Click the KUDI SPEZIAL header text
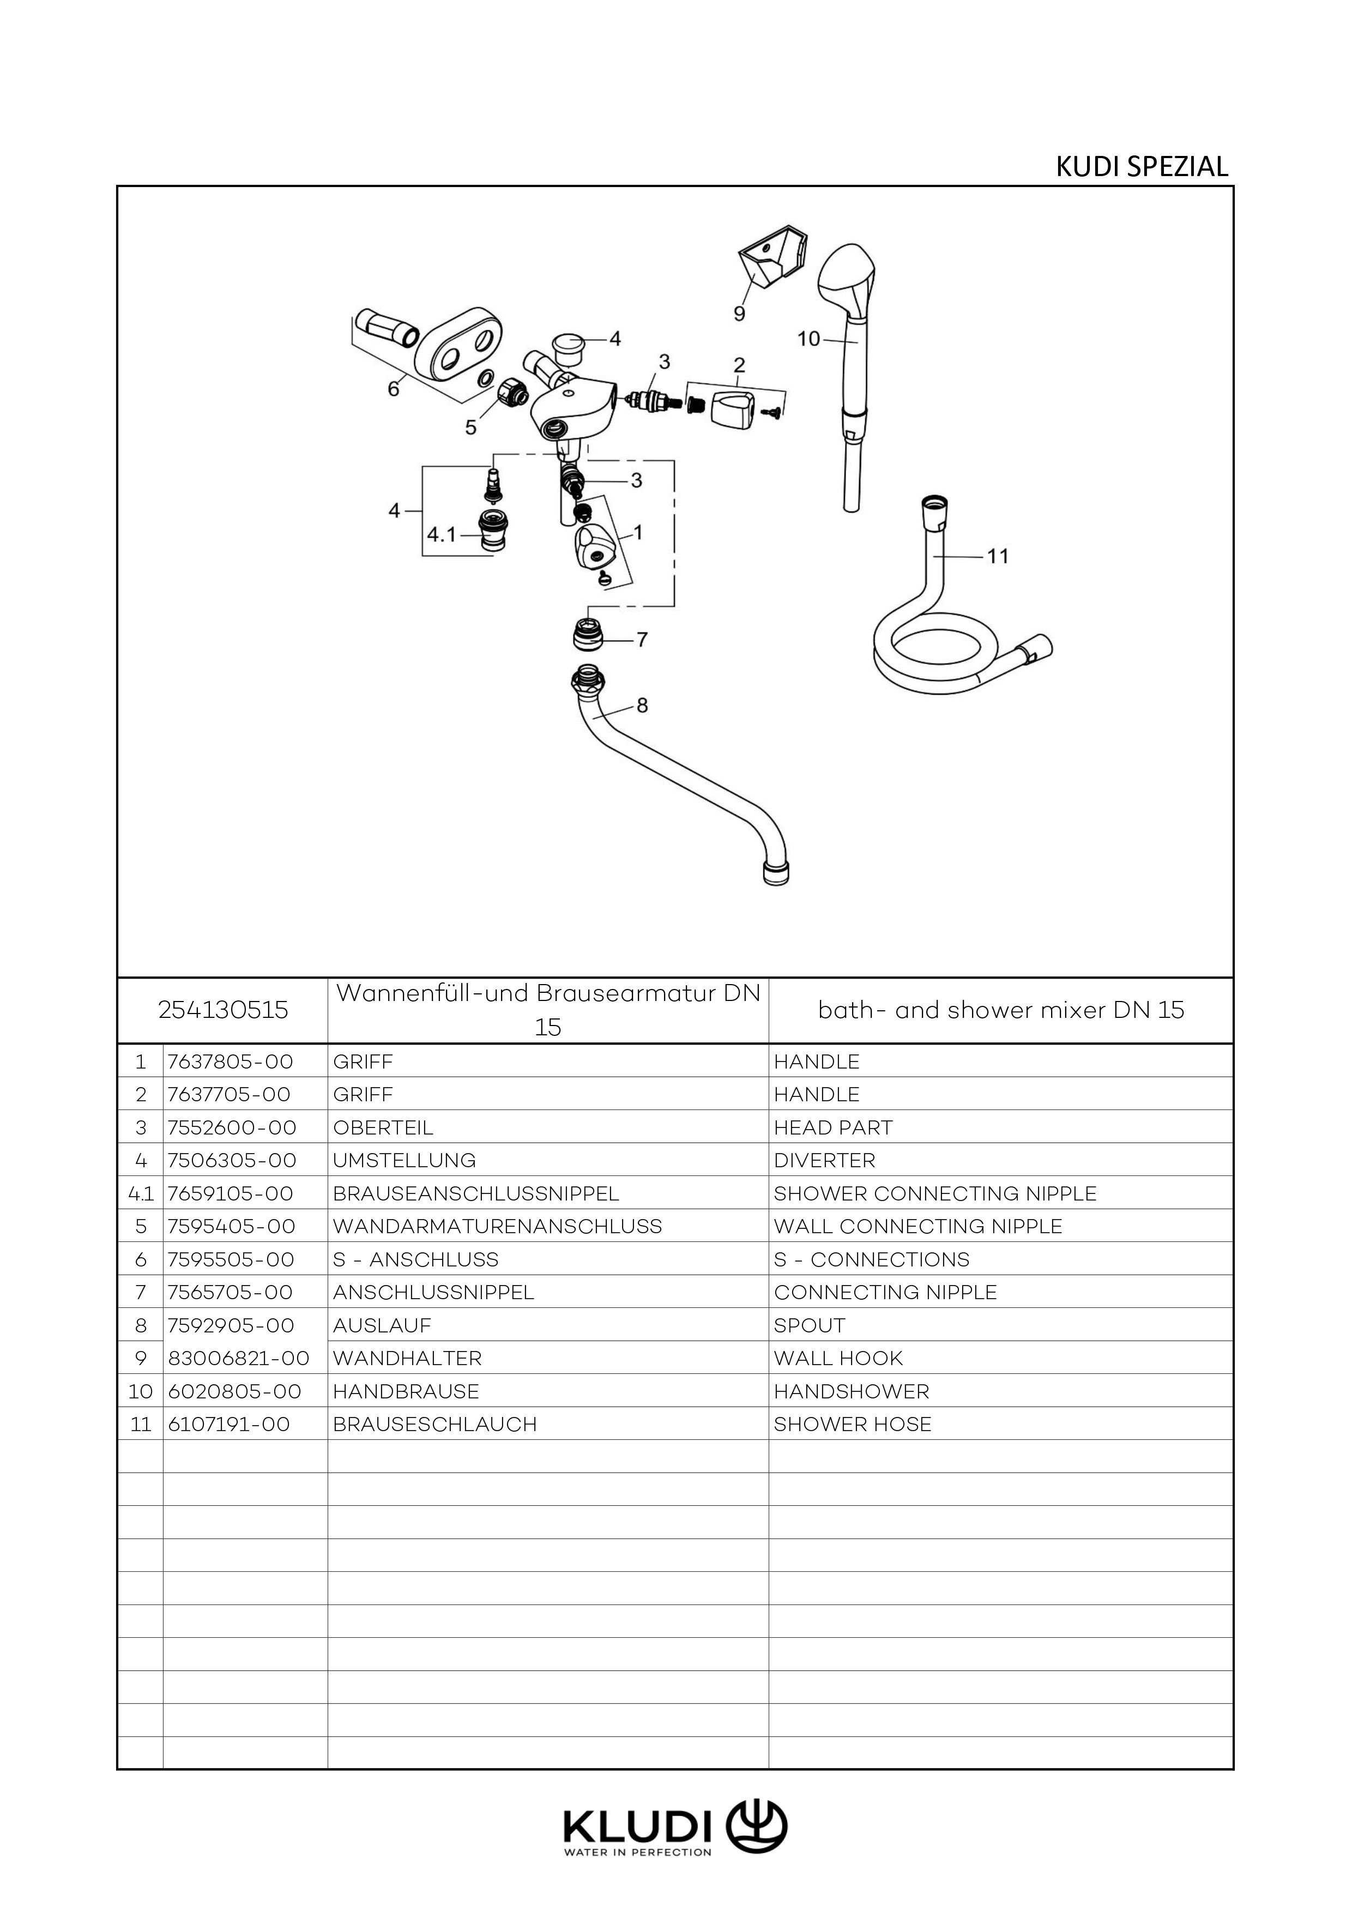1142,167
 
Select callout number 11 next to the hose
997,556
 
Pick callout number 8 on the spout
642,705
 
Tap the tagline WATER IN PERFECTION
638,1853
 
